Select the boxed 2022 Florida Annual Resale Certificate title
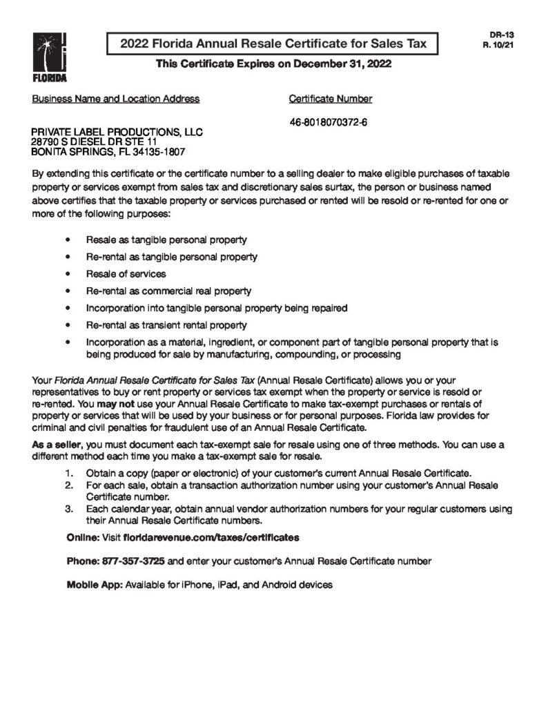click(x=273, y=44)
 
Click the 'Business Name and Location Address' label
click(x=116, y=99)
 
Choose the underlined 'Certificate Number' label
click(x=331, y=99)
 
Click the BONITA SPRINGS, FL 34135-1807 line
click(x=109, y=151)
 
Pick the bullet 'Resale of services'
click(x=126, y=274)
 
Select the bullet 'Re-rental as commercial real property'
click(x=168, y=291)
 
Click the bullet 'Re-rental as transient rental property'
click(x=166, y=325)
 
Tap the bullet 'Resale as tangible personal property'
click(x=166, y=240)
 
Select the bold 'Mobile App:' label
click(x=93, y=585)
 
